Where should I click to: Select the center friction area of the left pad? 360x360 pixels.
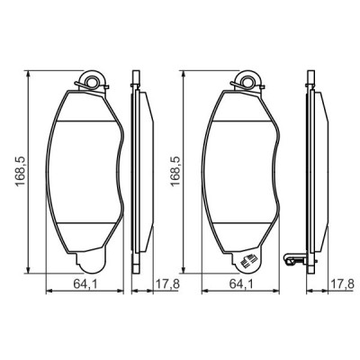[x=88, y=171]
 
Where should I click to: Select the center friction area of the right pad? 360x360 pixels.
[x=243, y=171]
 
